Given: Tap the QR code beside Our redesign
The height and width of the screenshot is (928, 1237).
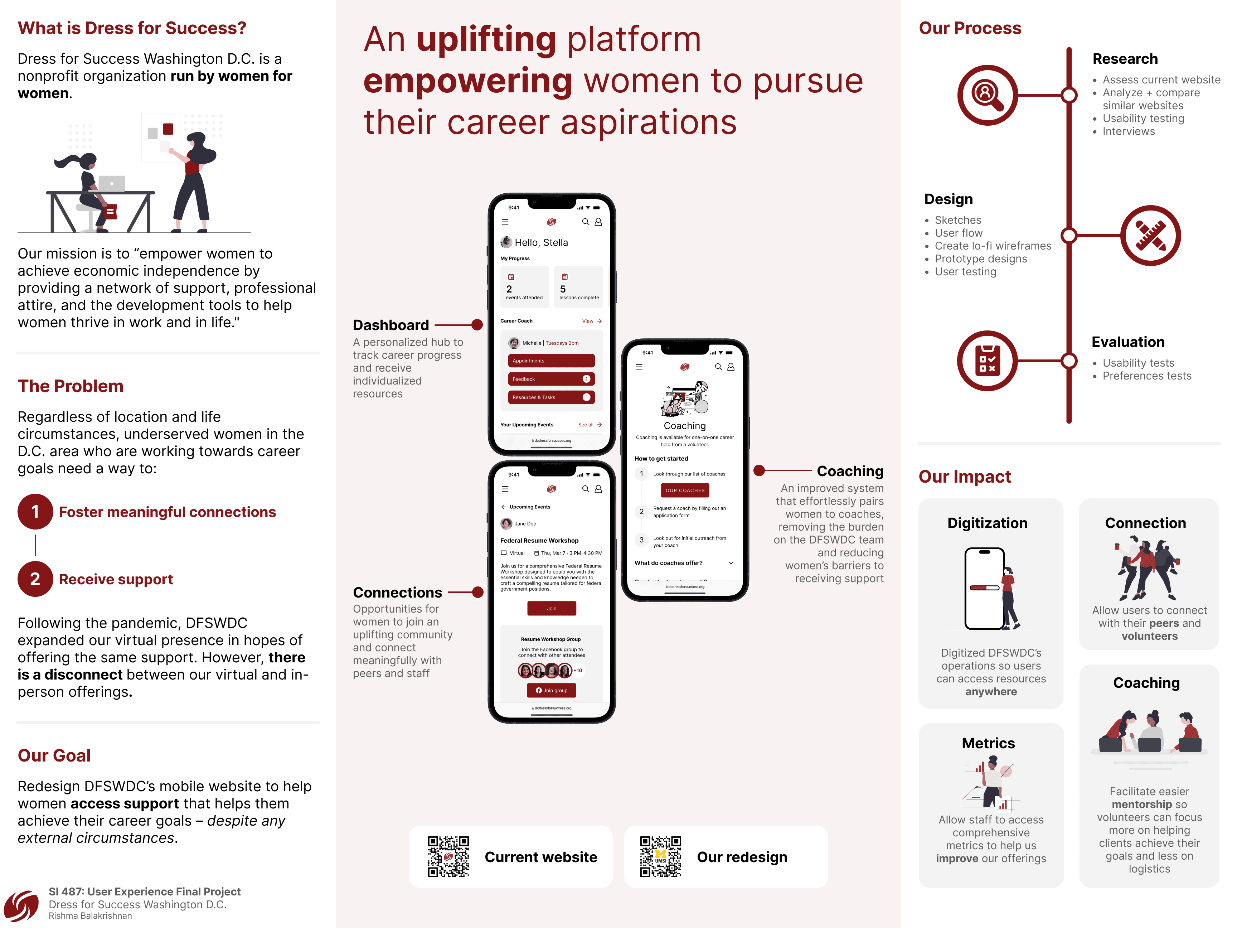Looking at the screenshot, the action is [660, 856].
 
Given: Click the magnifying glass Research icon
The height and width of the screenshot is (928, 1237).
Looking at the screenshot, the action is [987, 95].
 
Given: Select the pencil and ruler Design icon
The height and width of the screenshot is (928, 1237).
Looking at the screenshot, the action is [1150, 236].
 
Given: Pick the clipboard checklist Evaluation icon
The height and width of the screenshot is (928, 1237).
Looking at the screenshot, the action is [987, 361].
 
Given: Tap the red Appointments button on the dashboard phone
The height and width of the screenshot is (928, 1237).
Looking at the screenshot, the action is [551, 361].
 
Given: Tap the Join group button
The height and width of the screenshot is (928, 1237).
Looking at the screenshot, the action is [552, 690].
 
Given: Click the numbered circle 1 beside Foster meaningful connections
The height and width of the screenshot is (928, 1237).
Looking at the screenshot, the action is [35, 512].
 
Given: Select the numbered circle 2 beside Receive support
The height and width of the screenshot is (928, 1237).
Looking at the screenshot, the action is [35, 579].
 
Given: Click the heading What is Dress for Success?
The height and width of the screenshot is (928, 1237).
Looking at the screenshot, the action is [132, 28].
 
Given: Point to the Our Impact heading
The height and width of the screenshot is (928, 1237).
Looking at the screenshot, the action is [965, 477].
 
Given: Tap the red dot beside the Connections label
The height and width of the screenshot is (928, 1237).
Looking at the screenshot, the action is [477, 593].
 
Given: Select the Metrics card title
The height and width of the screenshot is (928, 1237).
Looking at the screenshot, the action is [988, 743].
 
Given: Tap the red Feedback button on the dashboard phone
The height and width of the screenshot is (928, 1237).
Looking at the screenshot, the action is [551, 379].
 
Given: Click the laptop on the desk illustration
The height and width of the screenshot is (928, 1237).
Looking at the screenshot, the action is [112, 183].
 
